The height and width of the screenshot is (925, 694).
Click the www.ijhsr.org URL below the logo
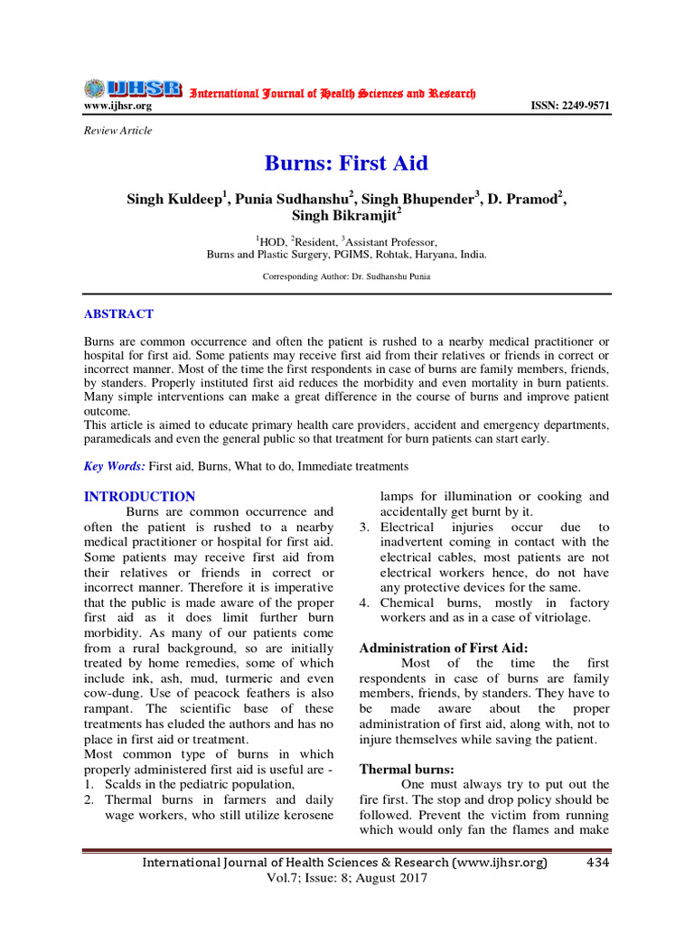117,107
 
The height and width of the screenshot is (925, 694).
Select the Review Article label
117,131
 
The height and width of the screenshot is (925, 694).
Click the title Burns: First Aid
346,164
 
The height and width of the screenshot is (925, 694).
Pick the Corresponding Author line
346,276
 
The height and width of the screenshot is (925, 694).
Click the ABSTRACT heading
118,314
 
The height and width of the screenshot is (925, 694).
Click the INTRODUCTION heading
139,497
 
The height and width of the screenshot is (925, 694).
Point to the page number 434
597,863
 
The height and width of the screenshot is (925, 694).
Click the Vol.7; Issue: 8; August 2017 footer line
346,878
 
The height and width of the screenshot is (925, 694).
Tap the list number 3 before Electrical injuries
365,527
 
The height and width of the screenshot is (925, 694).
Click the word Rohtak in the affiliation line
373,255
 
